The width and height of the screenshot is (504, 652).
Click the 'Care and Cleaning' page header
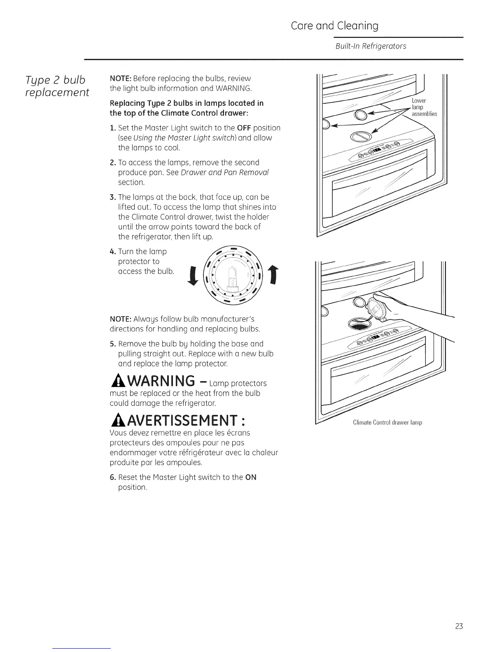pyautogui.click(x=334, y=26)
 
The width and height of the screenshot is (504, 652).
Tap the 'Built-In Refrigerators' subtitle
pyautogui.click(x=371, y=46)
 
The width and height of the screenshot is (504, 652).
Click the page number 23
pyautogui.click(x=459, y=627)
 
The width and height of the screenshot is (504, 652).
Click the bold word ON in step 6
pyautogui.click(x=251, y=477)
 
